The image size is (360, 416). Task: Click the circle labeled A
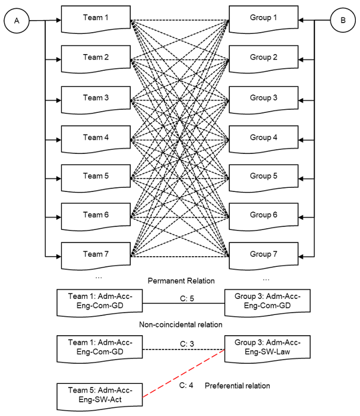pos(17,20)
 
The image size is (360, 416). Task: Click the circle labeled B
pos(343,20)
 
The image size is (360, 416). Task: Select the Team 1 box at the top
pos(96,20)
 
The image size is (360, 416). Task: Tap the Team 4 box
pos(96,138)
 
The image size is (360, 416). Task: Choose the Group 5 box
pos(263,177)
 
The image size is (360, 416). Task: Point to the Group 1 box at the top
pos(263,20)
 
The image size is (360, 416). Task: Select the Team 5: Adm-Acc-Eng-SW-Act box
pos(98,395)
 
